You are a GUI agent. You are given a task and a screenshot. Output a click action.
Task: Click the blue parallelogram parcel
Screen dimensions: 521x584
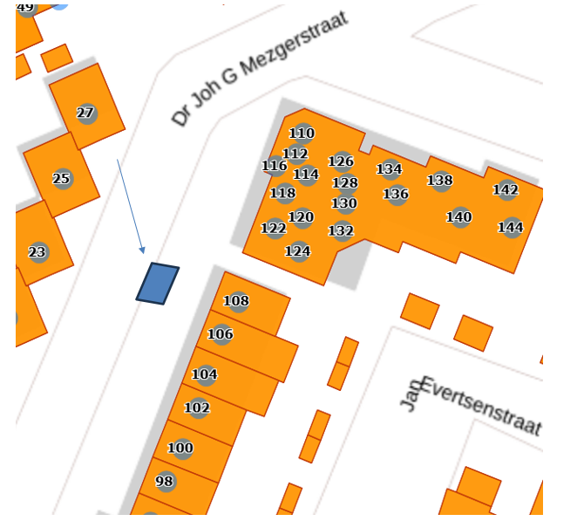click(158, 284)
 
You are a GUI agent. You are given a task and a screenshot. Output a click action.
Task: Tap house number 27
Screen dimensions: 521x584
click(85, 113)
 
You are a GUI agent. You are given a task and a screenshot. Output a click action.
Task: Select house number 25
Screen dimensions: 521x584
click(61, 179)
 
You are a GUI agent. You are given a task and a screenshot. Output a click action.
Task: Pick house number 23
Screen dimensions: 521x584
click(37, 253)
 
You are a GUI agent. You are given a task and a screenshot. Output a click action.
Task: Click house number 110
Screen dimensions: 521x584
click(302, 134)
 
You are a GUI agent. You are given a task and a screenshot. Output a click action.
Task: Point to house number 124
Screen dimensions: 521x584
click(297, 251)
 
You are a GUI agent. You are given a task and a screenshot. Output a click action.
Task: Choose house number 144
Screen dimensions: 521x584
click(511, 228)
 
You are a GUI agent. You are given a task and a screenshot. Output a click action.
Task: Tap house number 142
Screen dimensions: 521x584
click(506, 189)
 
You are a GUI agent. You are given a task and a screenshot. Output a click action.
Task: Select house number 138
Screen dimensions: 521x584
click(440, 181)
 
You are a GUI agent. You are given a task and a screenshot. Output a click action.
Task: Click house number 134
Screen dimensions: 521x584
click(389, 169)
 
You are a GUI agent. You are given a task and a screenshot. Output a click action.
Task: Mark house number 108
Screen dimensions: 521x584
click(236, 301)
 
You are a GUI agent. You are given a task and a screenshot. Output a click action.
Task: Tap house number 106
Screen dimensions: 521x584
click(221, 334)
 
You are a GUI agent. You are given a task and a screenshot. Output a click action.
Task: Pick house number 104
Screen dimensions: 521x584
click(204, 374)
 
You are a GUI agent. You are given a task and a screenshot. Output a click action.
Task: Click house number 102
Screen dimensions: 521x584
click(198, 408)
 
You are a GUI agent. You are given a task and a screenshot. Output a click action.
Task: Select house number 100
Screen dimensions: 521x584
click(180, 449)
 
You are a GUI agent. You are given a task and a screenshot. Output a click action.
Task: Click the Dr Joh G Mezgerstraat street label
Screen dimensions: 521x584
click(259, 68)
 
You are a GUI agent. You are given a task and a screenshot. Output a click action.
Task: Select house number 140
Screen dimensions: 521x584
click(458, 217)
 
